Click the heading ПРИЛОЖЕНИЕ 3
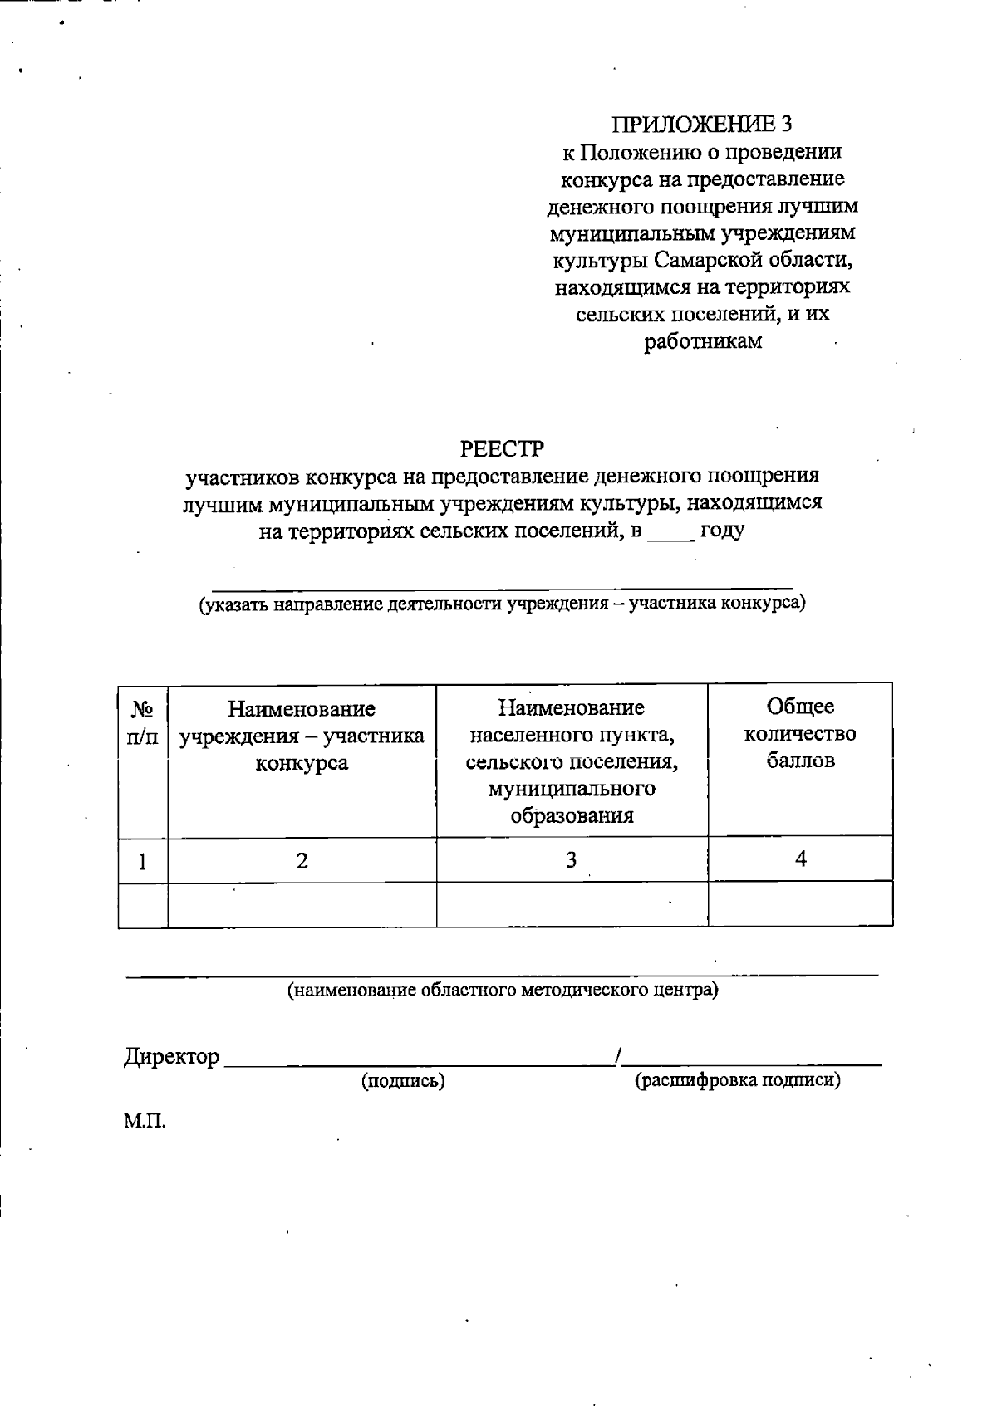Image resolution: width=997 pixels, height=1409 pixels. pos(702,125)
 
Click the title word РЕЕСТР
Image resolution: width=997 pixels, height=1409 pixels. pos(502,449)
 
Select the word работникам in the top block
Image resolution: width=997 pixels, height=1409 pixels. pos(703,341)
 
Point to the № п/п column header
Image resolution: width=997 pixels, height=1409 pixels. pos(143,722)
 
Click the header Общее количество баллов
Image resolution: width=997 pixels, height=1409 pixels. pos(800,733)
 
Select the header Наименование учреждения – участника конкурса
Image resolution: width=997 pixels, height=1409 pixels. pos(302,736)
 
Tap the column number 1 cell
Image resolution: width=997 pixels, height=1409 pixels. pos(143,861)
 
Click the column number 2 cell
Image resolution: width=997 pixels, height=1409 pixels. pos(302,861)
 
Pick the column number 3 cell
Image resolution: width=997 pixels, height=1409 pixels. pos(572,860)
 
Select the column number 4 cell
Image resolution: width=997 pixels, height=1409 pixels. pos(800,859)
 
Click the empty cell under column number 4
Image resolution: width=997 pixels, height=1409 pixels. pos(800,903)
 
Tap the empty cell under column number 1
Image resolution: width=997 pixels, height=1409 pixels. pos(143,903)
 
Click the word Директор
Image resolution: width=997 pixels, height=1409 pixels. pos(172,1057)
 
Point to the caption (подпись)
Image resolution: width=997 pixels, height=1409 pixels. pos(403,1081)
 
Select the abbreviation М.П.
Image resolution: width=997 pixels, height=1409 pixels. pos(145,1123)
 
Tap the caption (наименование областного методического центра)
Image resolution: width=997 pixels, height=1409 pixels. pos(503,990)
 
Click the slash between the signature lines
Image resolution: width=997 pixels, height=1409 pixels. pos(617,1056)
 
